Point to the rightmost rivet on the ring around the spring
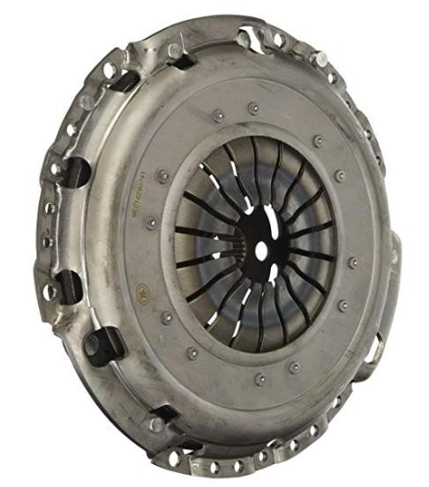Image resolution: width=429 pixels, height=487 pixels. click(353, 262)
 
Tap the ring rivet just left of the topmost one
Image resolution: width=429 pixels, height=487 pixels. click(216, 115)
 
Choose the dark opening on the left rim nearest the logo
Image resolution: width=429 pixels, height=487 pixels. click(70, 284)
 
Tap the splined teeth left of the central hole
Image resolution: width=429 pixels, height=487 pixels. click(240, 250)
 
